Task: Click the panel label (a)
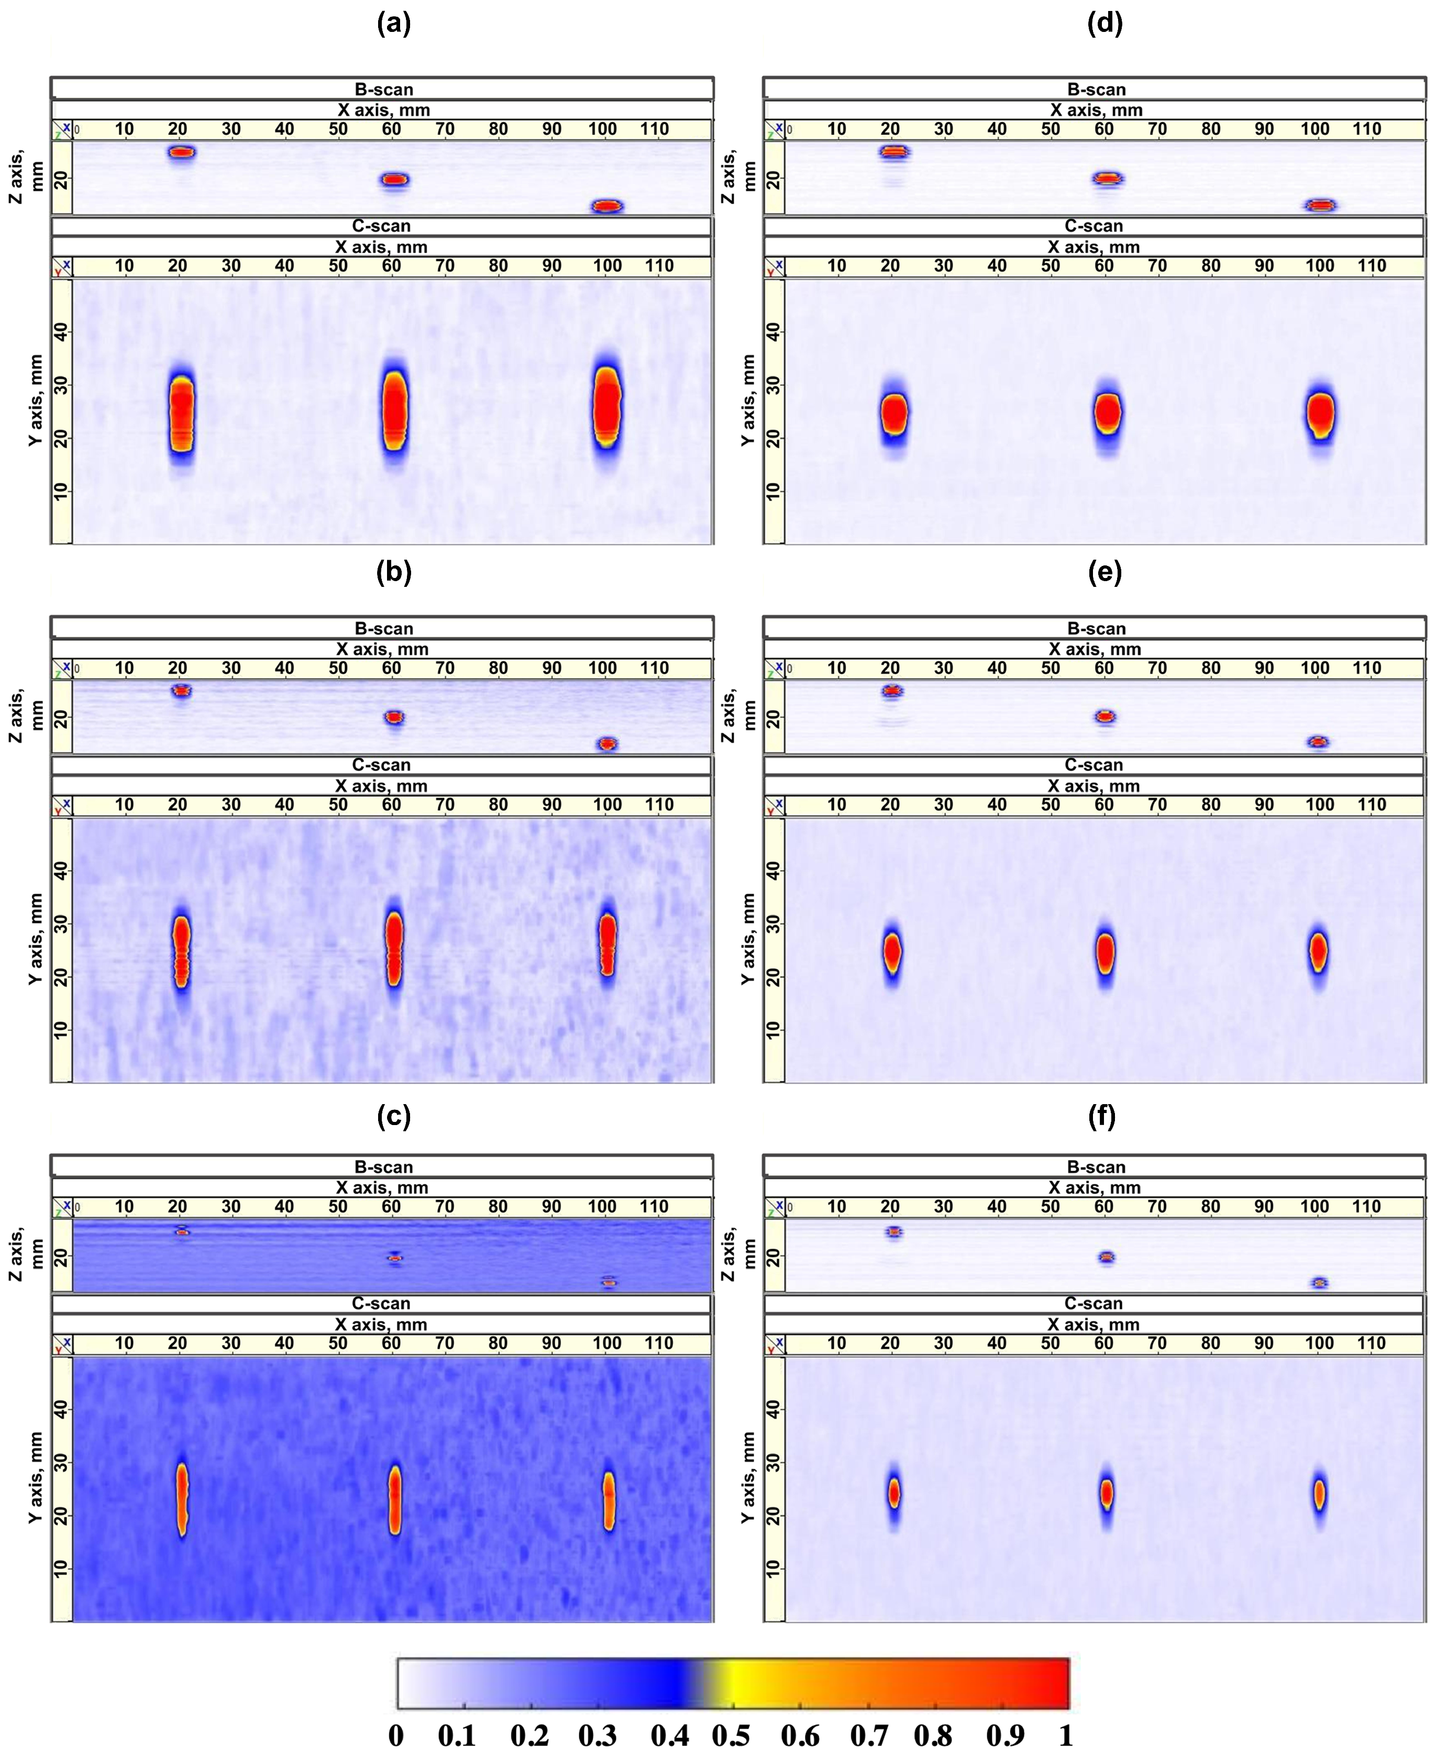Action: [394, 23]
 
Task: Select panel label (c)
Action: [394, 1116]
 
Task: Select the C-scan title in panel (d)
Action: [1093, 226]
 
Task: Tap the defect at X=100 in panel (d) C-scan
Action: [1321, 414]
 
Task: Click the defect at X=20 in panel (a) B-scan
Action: [181, 151]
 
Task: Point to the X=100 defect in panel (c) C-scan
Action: [609, 1500]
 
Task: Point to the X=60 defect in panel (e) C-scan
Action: [1105, 953]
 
